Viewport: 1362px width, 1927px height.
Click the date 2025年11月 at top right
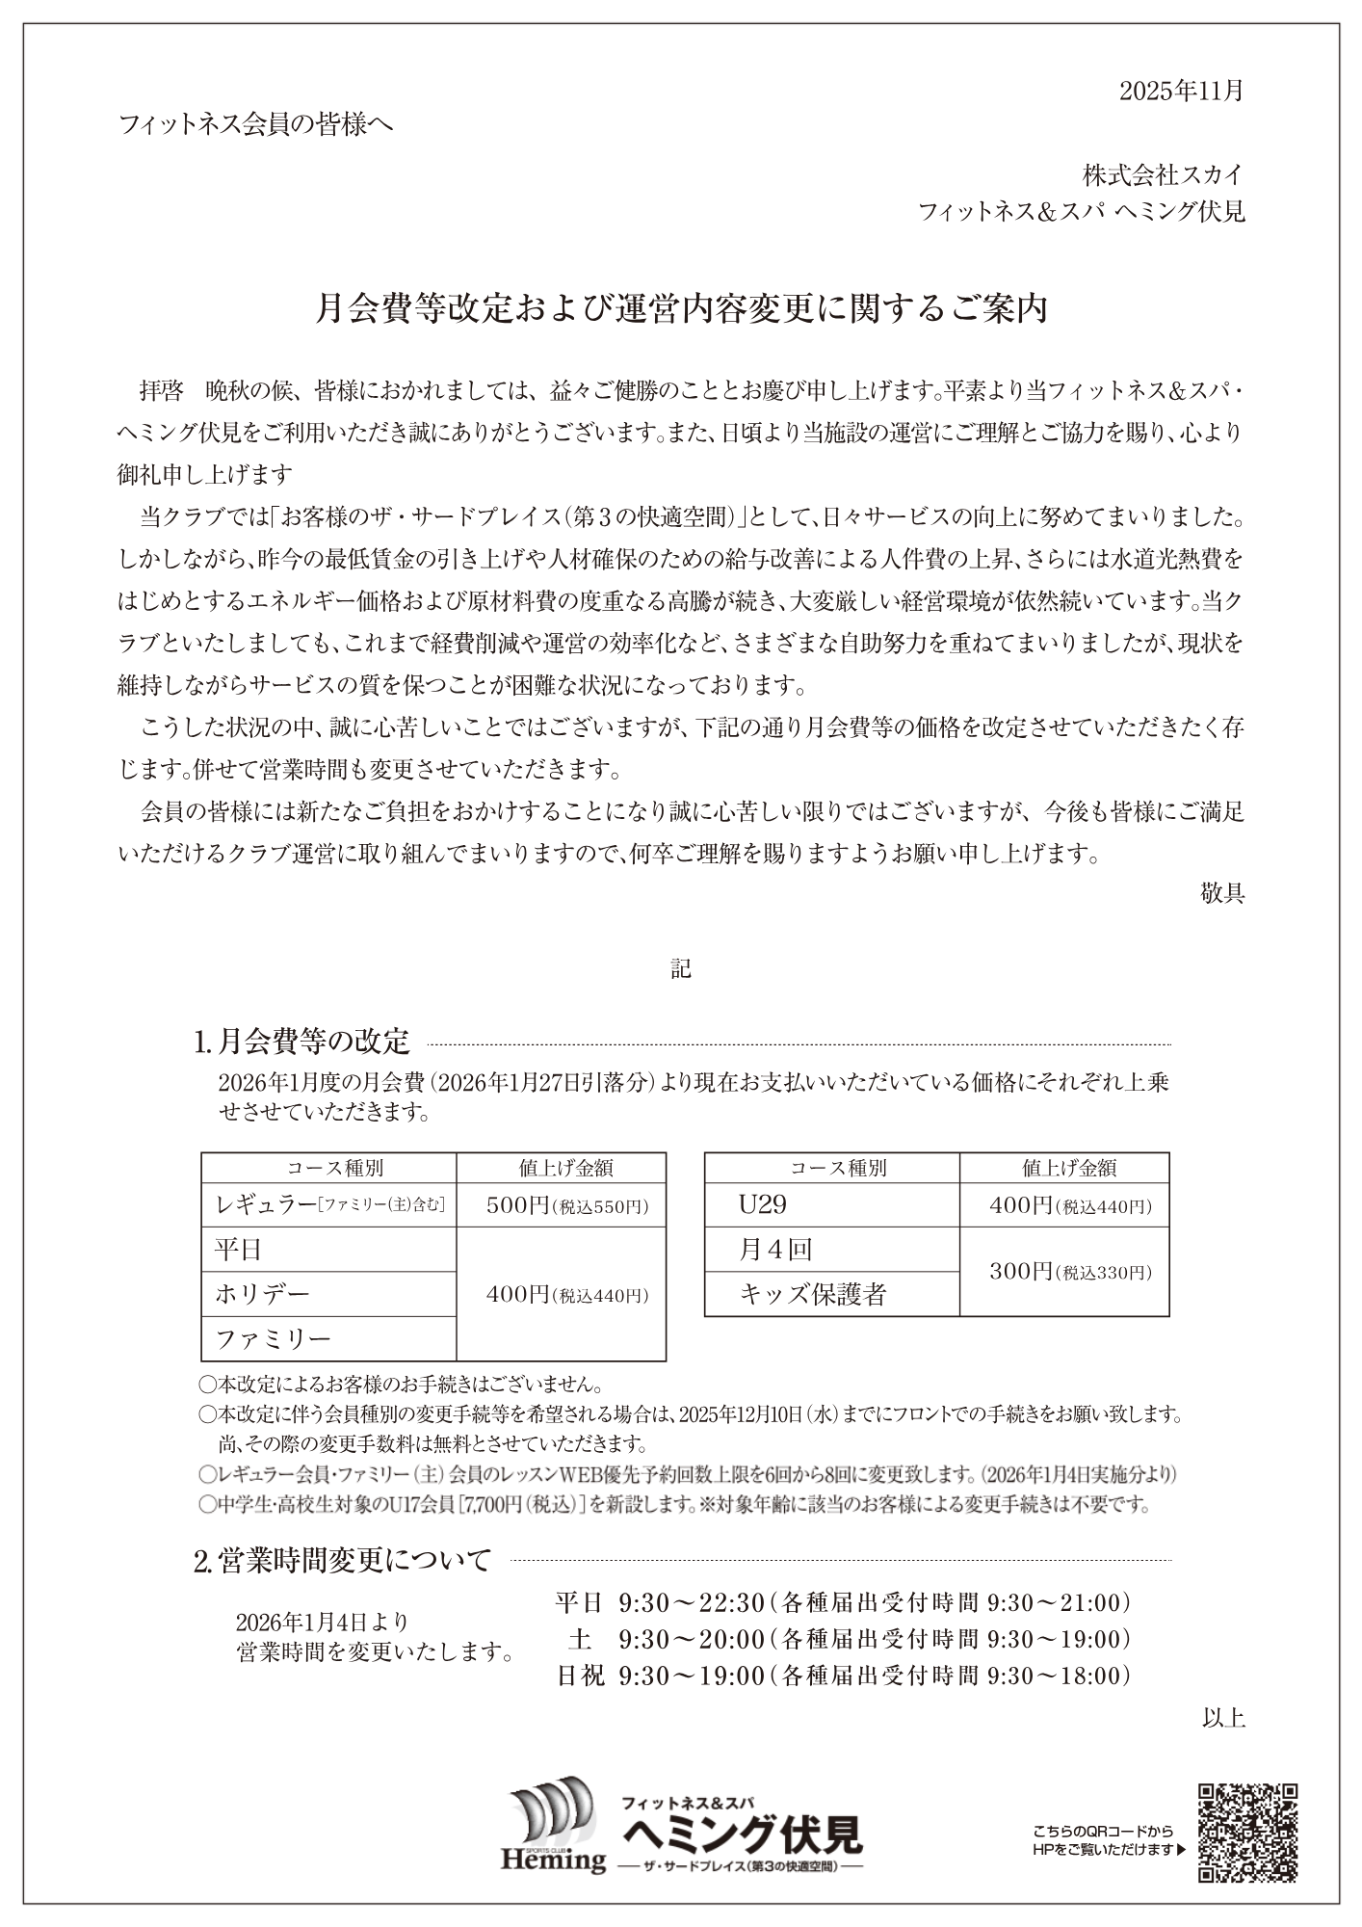pos(1181,91)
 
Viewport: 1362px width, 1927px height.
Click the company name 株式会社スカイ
pos(1163,175)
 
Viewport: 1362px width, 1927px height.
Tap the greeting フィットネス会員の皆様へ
pos(255,124)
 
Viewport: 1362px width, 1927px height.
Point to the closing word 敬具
pos(1222,893)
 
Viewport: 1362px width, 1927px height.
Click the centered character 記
pos(681,968)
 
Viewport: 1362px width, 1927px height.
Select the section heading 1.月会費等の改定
pos(302,1042)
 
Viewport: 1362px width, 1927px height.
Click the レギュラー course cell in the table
pos(328,1204)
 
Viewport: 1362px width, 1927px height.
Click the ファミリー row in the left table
pos(273,1338)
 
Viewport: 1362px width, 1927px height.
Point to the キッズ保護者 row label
pos(812,1294)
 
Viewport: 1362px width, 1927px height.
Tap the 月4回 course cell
pos(775,1250)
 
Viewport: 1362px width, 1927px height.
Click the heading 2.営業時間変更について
pos(343,1560)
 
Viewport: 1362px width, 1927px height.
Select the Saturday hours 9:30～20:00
pos(692,1639)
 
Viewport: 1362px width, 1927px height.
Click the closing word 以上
pos(1223,1717)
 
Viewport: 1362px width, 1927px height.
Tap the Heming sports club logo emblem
pos(553,1831)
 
